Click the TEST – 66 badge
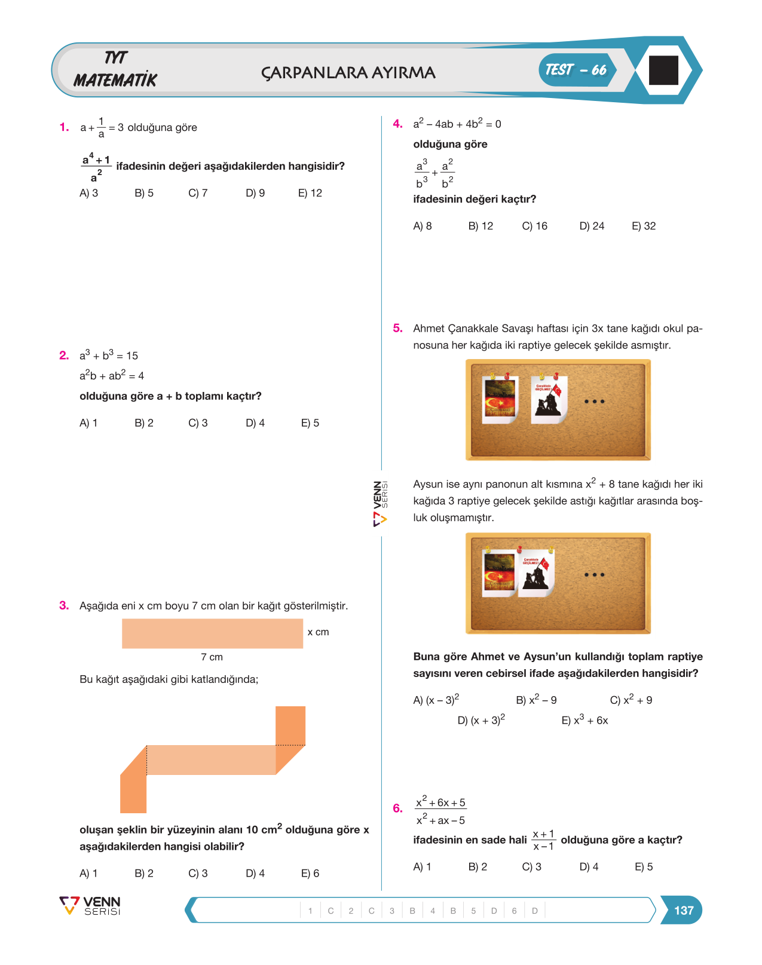(577, 70)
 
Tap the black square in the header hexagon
(663, 71)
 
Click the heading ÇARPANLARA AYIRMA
(348, 72)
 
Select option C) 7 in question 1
(198, 193)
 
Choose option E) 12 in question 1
(310, 193)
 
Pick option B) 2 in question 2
(144, 423)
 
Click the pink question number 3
(64, 605)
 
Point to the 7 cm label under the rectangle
(212, 657)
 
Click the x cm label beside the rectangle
(318, 632)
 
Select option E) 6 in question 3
(310, 873)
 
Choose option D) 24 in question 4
(592, 226)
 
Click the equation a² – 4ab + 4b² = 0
(457, 123)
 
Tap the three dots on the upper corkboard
(594, 402)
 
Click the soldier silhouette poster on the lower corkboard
(536, 572)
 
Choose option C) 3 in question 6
(531, 867)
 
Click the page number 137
(684, 910)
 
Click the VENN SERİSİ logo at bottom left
(90, 905)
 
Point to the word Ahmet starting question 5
(429, 328)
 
